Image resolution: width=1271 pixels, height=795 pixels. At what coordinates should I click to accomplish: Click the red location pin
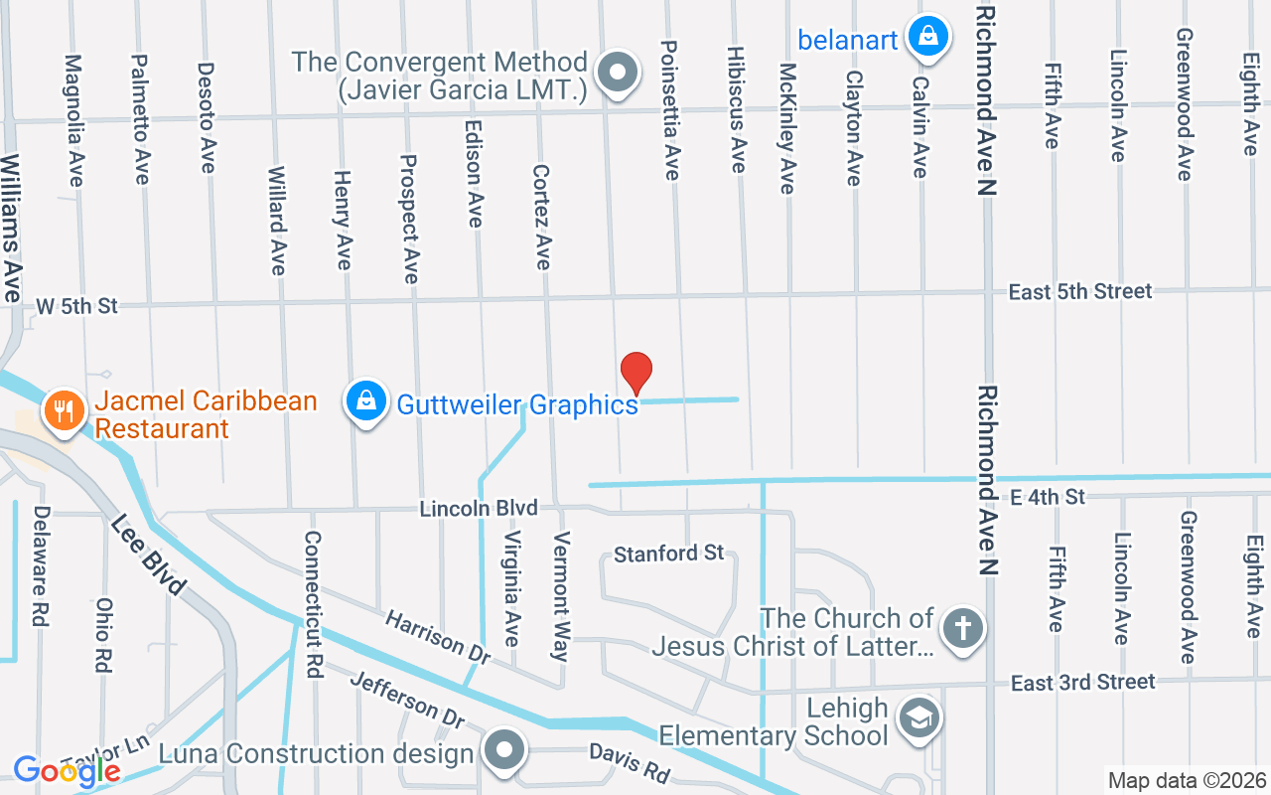tap(636, 374)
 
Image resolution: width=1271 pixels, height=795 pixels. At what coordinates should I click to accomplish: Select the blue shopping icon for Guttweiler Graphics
tap(365, 402)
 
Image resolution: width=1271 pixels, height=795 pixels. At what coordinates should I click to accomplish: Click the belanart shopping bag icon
tap(927, 37)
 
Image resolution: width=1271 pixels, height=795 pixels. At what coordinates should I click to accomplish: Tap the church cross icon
tap(961, 629)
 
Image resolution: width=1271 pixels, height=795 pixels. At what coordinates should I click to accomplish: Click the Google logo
tap(67, 770)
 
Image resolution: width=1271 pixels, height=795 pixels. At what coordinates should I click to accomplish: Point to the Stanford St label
tap(668, 553)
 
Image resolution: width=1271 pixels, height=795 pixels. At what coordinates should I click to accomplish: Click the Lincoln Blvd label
tap(479, 509)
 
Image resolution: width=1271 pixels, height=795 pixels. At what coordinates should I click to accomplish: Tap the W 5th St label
tap(77, 306)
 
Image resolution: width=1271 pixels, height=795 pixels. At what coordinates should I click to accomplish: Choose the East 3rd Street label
tap(1082, 683)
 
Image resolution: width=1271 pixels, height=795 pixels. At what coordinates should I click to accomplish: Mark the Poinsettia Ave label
tap(670, 109)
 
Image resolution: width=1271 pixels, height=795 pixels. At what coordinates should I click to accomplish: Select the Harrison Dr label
tap(438, 637)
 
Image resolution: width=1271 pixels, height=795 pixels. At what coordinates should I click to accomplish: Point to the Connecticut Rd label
tap(314, 604)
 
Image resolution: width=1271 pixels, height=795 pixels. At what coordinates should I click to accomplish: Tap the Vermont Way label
tap(562, 596)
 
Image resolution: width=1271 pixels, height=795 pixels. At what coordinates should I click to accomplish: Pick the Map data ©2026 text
tap(1187, 781)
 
